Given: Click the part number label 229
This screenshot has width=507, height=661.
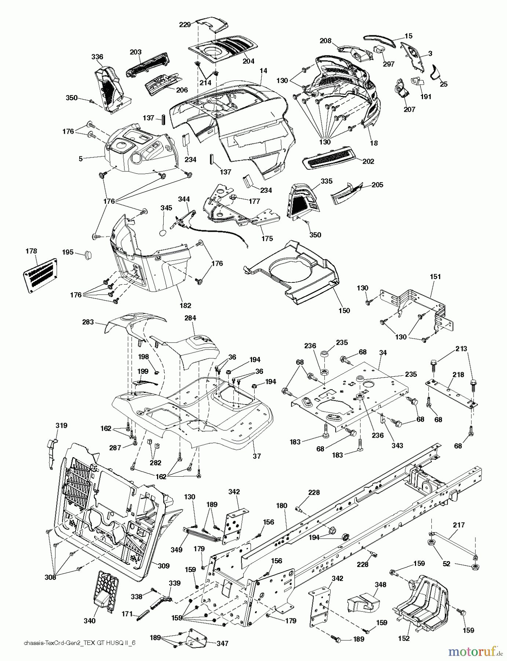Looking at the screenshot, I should [x=185, y=25].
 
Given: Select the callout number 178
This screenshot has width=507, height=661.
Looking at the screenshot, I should [x=32, y=251].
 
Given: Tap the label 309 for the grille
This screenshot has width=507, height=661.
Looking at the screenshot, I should [x=164, y=566].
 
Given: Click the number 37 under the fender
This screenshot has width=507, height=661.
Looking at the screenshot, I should [x=257, y=456].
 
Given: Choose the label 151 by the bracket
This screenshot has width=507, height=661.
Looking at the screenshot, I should [x=435, y=277].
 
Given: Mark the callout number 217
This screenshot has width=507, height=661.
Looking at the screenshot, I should [x=459, y=525].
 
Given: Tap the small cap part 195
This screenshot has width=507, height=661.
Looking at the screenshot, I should [x=89, y=255].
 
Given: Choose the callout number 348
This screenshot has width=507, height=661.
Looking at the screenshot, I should [x=380, y=584].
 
